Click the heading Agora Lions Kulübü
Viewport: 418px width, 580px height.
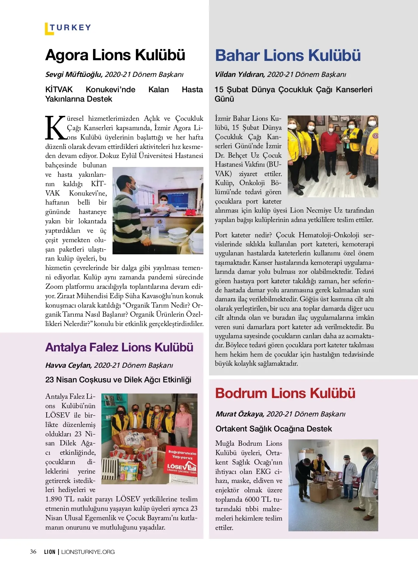pyautogui.click(x=115, y=55)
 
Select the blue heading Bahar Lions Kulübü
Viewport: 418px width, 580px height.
pyautogui.click(x=288, y=55)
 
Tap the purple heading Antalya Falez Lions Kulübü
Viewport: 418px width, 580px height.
pyautogui.click(x=119, y=347)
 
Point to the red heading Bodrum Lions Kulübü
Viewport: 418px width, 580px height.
pyautogui.click(x=285, y=393)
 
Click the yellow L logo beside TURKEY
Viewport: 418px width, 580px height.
pyautogui.click(x=48, y=29)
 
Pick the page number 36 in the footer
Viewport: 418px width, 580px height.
pyautogui.click(x=33, y=551)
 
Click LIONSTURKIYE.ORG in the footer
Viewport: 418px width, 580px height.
pyautogui.click(x=88, y=552)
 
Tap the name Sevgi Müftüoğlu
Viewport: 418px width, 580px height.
pyautogui.click(x=74, y=74)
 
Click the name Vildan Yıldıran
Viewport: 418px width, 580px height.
pyautogui.click(x=240, y=74)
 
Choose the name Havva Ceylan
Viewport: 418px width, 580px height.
pyautogui.click(x=68, y=365)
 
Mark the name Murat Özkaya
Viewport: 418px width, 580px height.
pyautogui.click(x=240, y=414)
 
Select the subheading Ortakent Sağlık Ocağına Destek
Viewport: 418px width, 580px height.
pyautogui.click(x=273, y=429)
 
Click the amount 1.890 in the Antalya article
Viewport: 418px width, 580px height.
pyautogui.click(x=53, y=499)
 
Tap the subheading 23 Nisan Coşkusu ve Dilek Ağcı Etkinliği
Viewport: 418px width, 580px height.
pyautogui.click(x=118, y=380)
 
